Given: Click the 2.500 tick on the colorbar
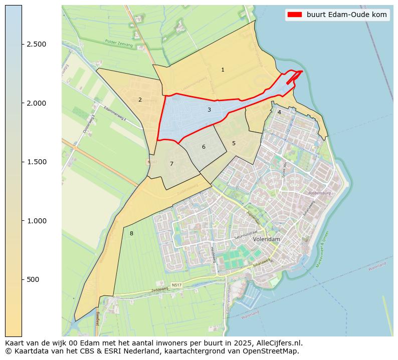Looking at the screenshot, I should [x=36, y=44].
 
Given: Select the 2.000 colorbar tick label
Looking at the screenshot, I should [x=36, y=103].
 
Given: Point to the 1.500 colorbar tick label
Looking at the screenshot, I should [x=36, y=162].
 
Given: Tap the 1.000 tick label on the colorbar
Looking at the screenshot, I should [x=36, y=221].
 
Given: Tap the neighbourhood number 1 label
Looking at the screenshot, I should [x=223, y=70].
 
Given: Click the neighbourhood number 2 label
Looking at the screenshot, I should [x=140, y=100].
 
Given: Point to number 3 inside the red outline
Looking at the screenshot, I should [x=209, y=110].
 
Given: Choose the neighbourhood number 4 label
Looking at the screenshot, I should [x=279, y=113].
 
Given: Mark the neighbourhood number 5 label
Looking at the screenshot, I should [x=234, y=144].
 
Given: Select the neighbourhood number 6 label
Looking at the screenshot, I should [x=204, y=147].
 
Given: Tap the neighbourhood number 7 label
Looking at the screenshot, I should [x=171, y=164].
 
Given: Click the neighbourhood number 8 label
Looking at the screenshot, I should [x=131, y=234].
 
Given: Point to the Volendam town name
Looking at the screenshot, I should [x=267, y=240].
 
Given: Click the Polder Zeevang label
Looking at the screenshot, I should [x=119, y=44].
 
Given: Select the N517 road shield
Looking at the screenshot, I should [x=176, y=285].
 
